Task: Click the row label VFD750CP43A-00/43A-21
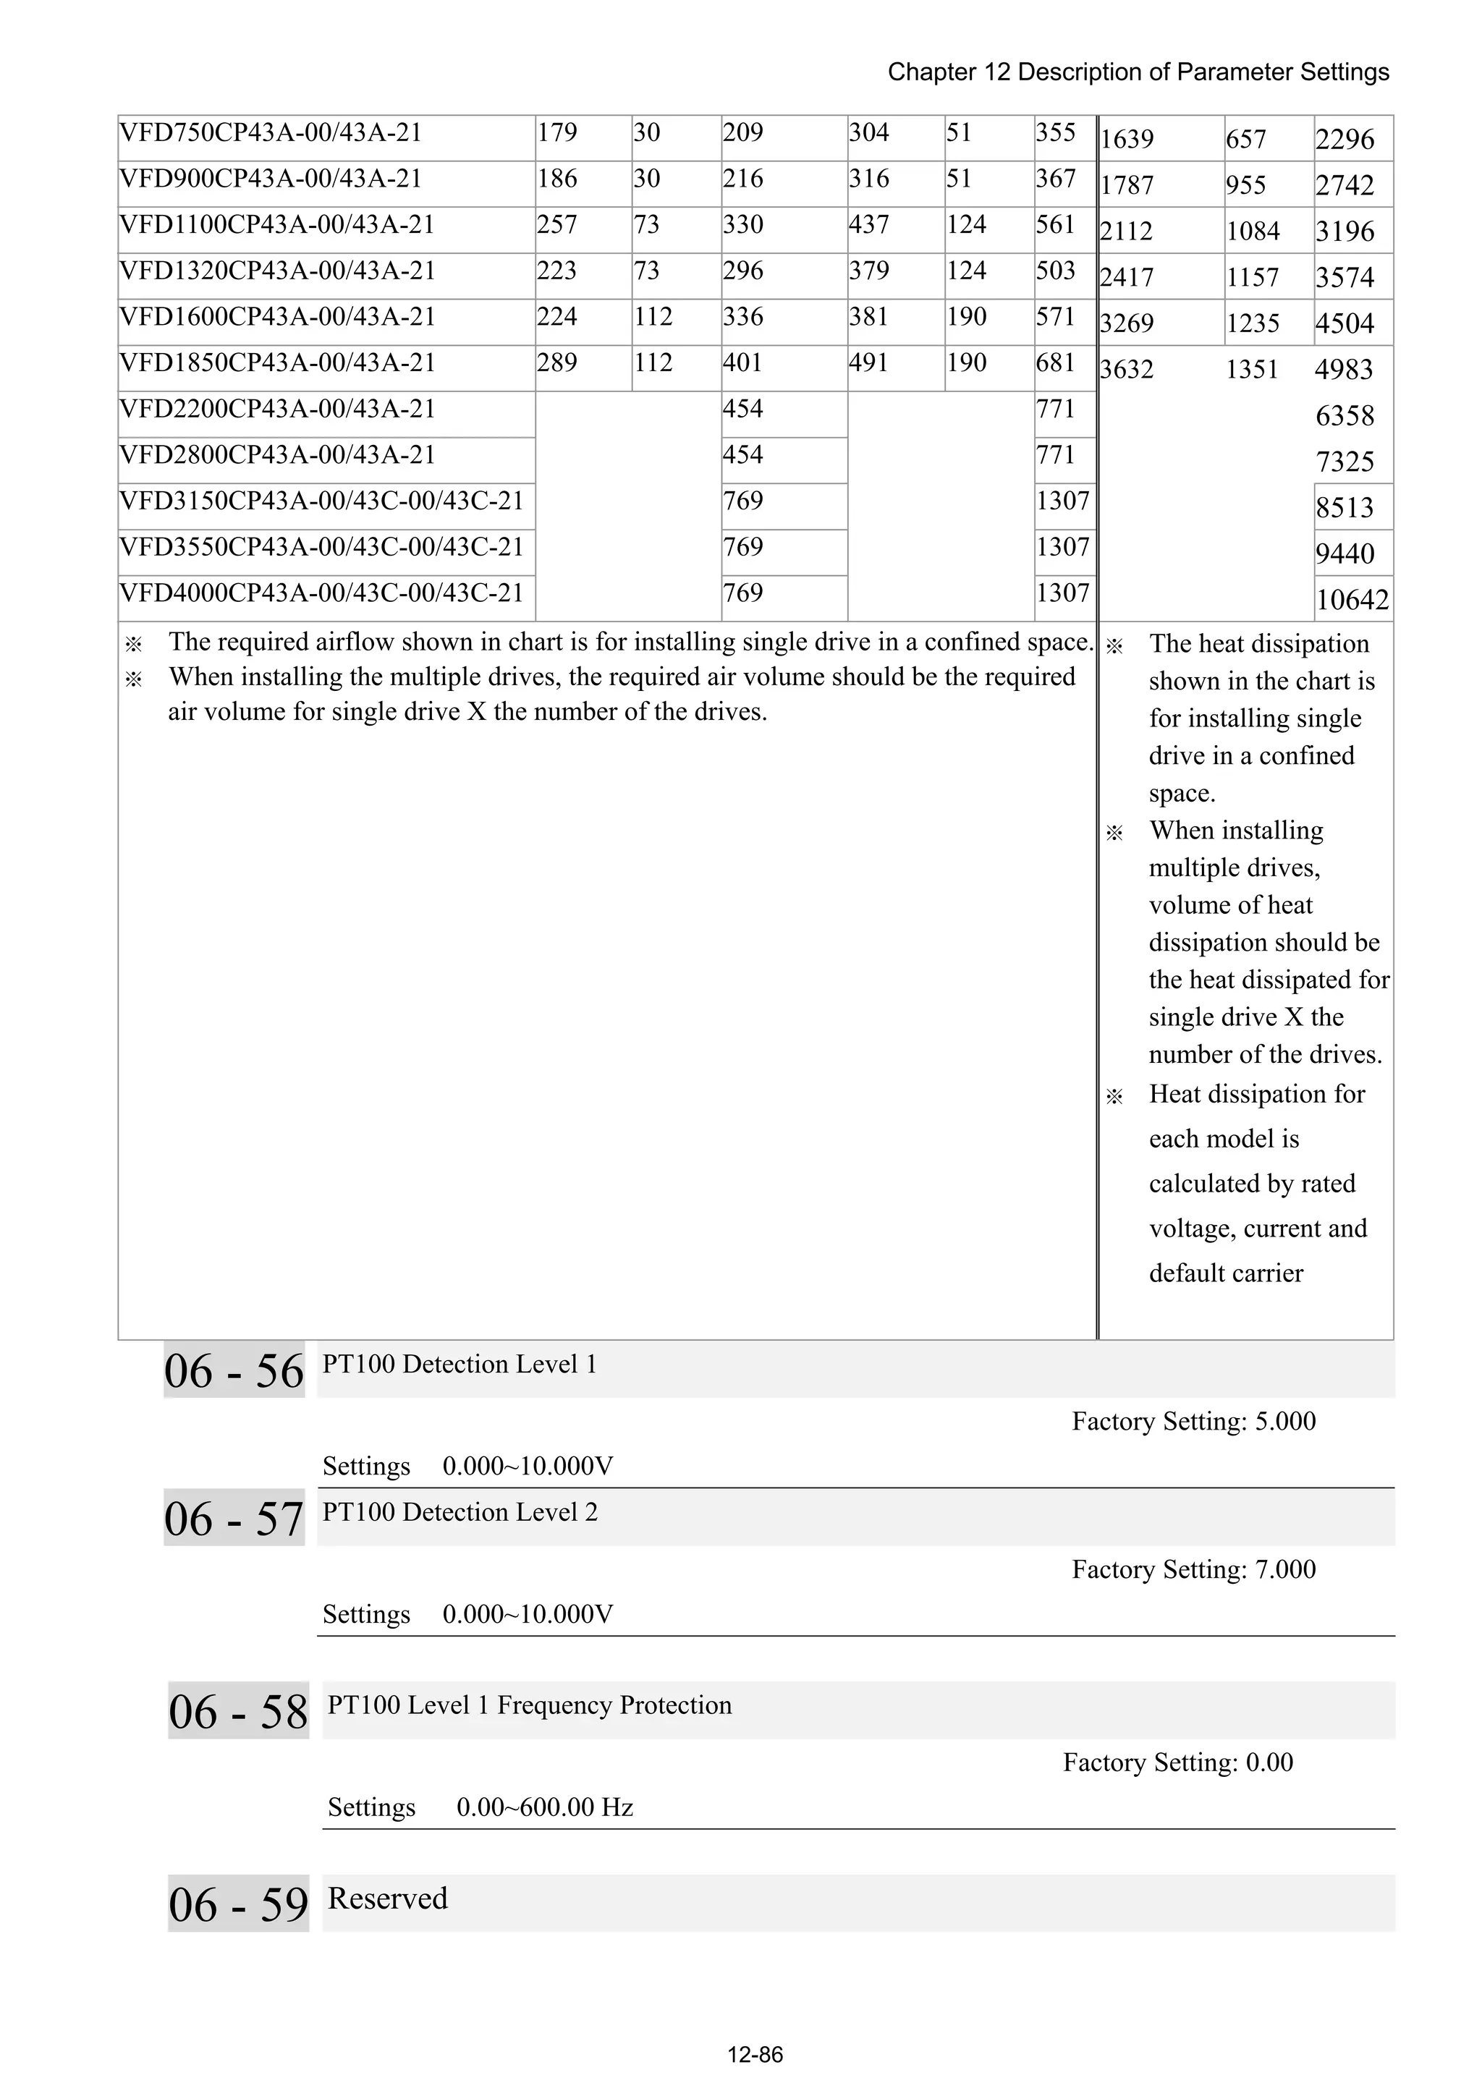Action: [x=271, y=133]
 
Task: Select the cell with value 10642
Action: [x=1352, y=600]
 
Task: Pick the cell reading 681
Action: [x=1056, y=363]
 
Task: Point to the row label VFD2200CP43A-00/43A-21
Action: [x=278, y=409]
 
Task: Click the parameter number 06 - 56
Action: [x=234, y=1372]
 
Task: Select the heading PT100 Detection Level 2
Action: [x=460, y=1513]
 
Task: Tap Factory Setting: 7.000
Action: [x=1193, y=1570]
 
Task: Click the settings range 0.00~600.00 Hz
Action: [x=544, y=1807]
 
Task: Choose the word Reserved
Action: [x=387, y=1898]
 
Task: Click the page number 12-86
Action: [x=755, y=2055]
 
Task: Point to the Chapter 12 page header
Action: [x=1138, y=72]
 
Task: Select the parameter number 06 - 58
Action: [x=238, y=1712]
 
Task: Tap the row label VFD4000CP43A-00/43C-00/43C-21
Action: [x=321, y=593]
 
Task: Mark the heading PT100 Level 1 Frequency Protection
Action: [x=530, y=1705]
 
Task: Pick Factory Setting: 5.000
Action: [x=1193, y=1422]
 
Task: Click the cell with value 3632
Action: [x=1127, y=370]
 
